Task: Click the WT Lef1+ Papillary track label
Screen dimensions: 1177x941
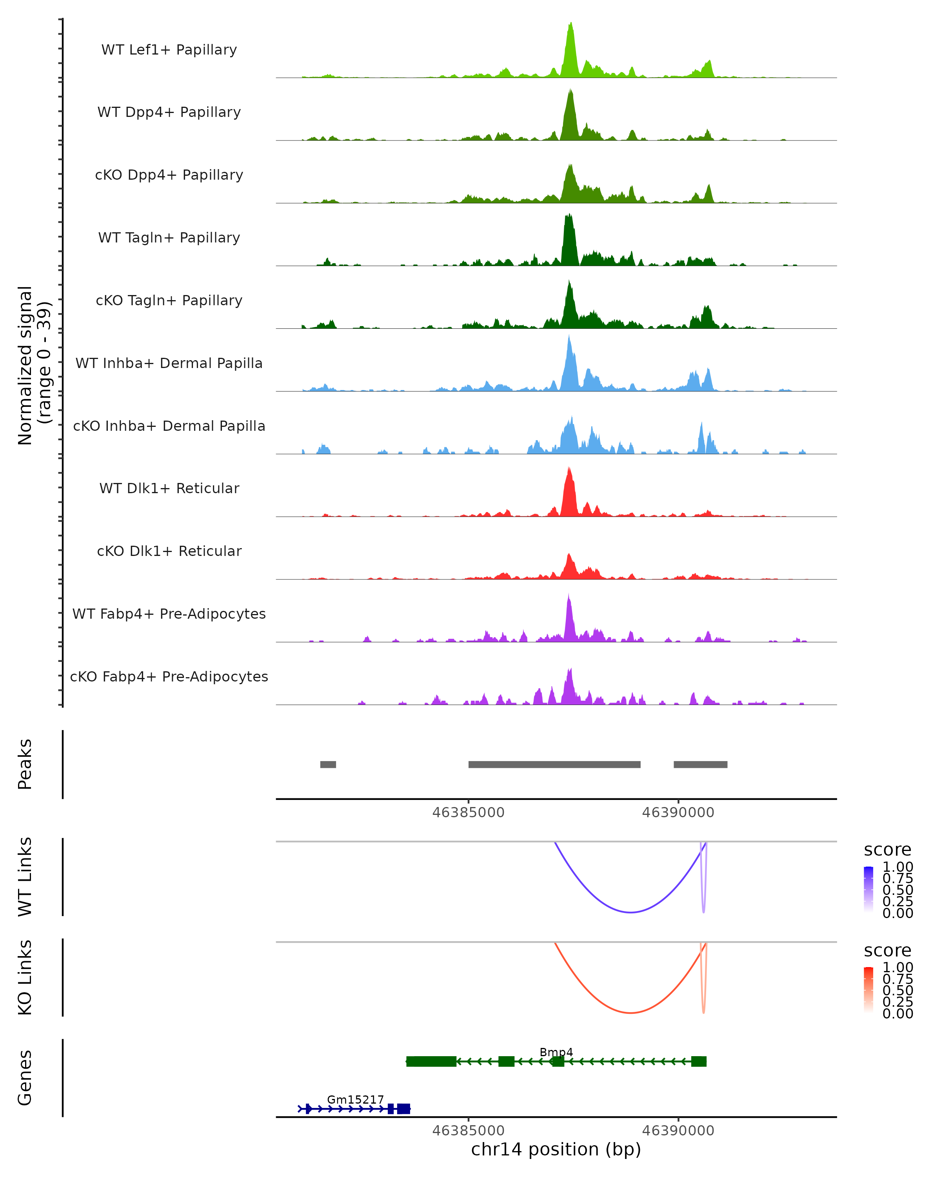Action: [169, 50]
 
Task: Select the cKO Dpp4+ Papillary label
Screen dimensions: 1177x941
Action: [169, 175]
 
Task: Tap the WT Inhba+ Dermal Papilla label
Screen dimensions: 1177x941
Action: [169, 364]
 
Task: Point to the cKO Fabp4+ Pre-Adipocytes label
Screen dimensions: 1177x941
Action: [169, 677]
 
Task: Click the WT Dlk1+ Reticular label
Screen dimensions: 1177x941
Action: [169, 488]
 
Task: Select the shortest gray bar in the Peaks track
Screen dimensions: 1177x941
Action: [328, 764]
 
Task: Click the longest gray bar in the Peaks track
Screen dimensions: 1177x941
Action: [554, 764]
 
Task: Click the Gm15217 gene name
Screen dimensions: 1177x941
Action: [355, 1099]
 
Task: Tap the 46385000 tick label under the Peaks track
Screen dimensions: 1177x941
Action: [468, 813]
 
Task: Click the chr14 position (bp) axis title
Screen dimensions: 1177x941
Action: [556, 1150]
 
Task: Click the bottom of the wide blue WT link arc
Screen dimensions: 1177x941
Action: [630, 912]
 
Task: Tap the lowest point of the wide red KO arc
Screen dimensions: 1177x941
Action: [630, 1013]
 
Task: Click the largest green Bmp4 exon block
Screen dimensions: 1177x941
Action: [431, 1061]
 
